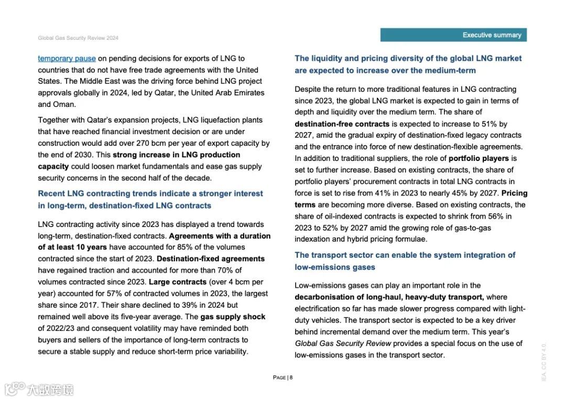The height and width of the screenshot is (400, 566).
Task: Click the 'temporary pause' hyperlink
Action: [67, 59]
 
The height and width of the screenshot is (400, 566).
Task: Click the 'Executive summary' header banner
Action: [453, 35]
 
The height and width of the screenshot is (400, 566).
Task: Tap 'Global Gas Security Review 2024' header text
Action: [78, 38]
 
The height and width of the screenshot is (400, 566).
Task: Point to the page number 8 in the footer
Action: [291, 377]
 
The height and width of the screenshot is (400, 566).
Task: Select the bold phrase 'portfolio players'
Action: [478, 158]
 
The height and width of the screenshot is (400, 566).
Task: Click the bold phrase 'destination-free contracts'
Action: [342, 124]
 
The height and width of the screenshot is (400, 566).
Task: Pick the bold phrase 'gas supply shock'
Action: [233, 317]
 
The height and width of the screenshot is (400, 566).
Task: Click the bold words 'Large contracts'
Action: [178, 282]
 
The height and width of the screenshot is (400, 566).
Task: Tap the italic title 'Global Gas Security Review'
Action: [343, 344]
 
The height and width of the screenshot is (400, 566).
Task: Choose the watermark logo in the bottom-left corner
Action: [39, 390]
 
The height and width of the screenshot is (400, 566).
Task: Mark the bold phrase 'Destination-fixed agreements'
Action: [211, 259]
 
